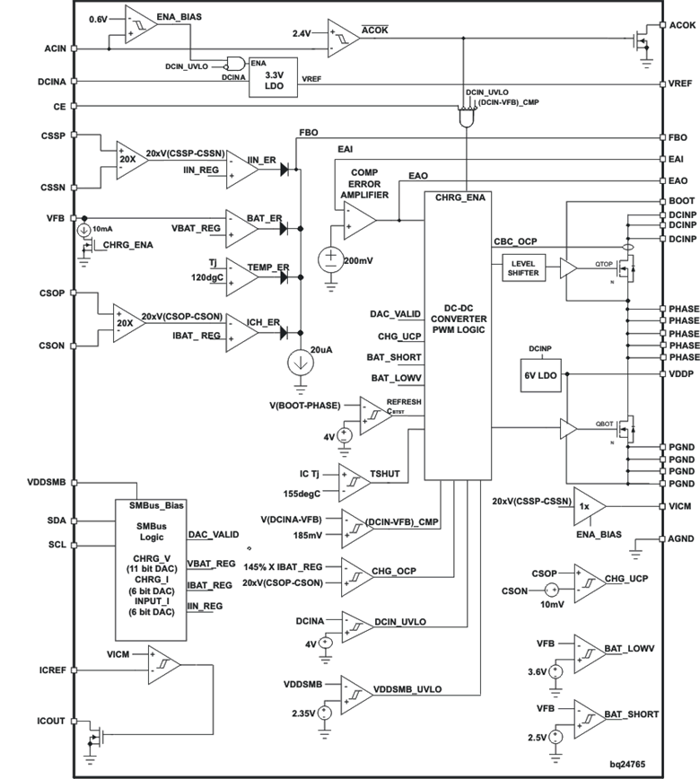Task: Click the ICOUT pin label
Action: pos(51,720)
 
